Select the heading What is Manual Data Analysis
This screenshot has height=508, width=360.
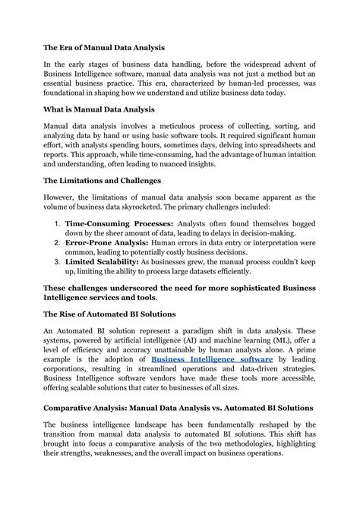click(99, 109)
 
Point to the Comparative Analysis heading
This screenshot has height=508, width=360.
click(178, 408)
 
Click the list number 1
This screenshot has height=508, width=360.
click(57, 225)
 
